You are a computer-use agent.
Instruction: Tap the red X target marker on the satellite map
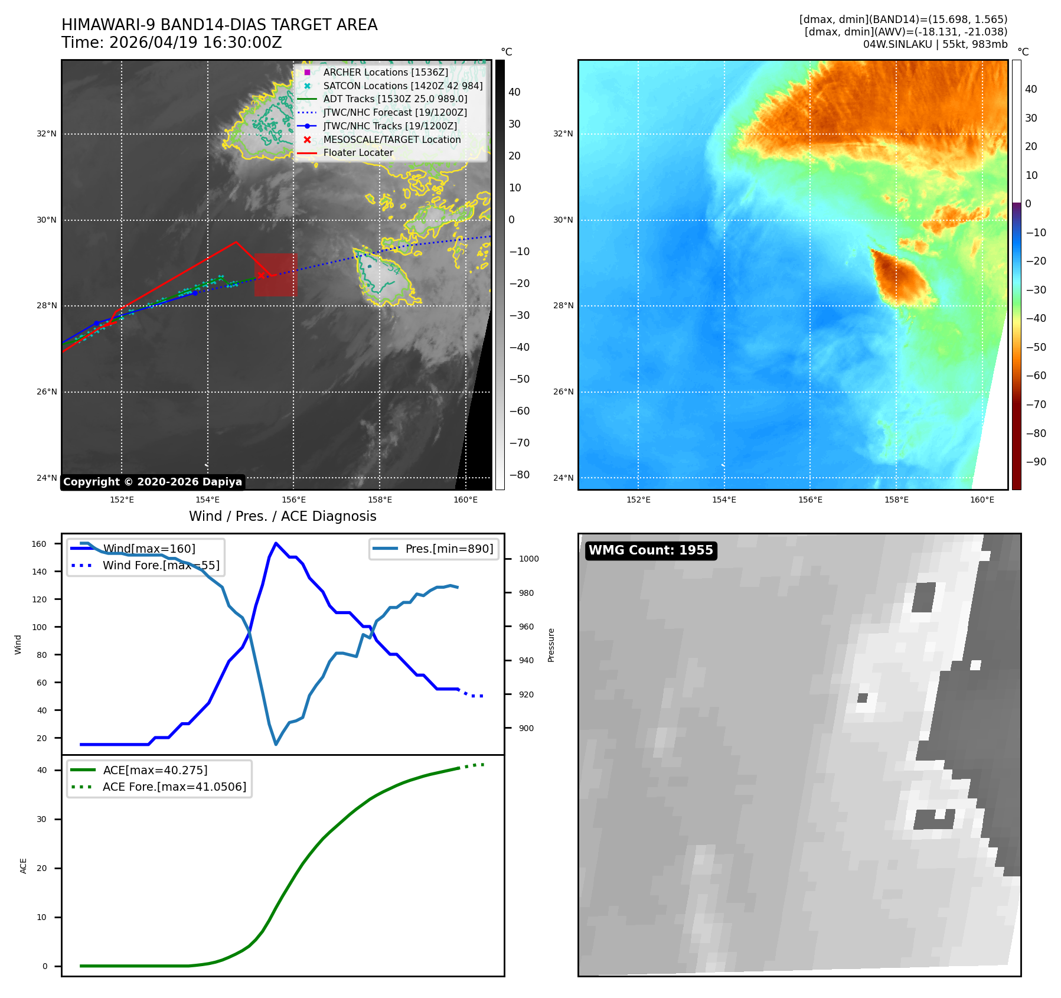click(x=260, y=275)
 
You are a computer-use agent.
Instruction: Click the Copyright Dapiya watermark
click(x=152, y=482)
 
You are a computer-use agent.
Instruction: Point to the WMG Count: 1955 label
click(x=651, y=550)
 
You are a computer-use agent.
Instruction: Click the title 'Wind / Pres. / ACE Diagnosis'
click(x=283, y=516)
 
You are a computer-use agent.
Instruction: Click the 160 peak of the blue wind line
click(x=276, y=543)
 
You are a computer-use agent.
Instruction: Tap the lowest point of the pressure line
click(x=276, y=744)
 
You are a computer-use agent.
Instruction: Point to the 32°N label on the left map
click(x=47, y=133)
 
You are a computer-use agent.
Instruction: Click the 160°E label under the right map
click(x=982, y=500)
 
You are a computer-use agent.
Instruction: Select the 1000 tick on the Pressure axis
click(x=529, y=559)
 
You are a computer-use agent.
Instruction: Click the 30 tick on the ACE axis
click(x=42, y=819)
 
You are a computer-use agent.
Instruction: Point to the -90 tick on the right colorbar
click(x=1036, y=462)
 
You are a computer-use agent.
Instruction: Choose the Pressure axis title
click(x=551, y=645)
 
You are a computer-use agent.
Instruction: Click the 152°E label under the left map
click(x=122, y=500)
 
